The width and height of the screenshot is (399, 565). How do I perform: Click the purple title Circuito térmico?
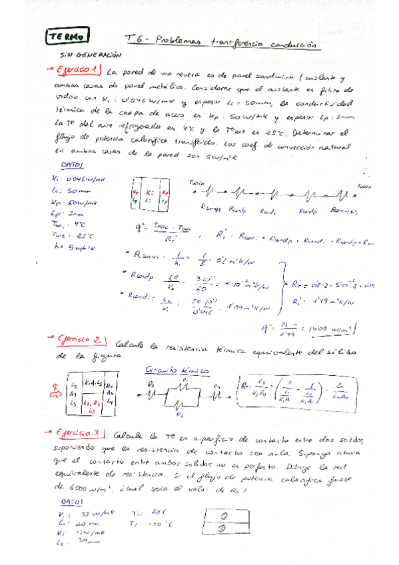(177, 370)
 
